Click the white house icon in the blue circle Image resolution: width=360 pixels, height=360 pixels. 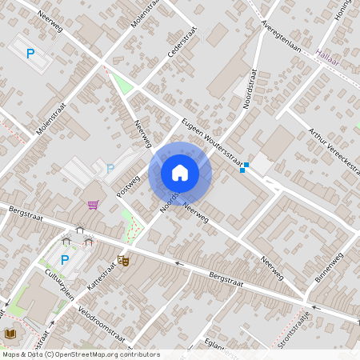pos(180,173)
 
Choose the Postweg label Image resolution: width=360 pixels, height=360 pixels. pos(128,186)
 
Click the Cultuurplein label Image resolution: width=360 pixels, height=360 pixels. pos(59,283)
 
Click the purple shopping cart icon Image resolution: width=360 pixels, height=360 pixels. pos(93,205)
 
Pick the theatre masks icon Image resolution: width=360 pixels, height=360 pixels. pos(123,260)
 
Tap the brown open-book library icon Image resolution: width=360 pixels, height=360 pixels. pos(10,334)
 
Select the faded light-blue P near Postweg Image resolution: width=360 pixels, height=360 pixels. pos(110,168)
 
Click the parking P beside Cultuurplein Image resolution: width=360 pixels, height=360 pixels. pos(65,259)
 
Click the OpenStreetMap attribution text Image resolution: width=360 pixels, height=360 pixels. pos(81,354)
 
